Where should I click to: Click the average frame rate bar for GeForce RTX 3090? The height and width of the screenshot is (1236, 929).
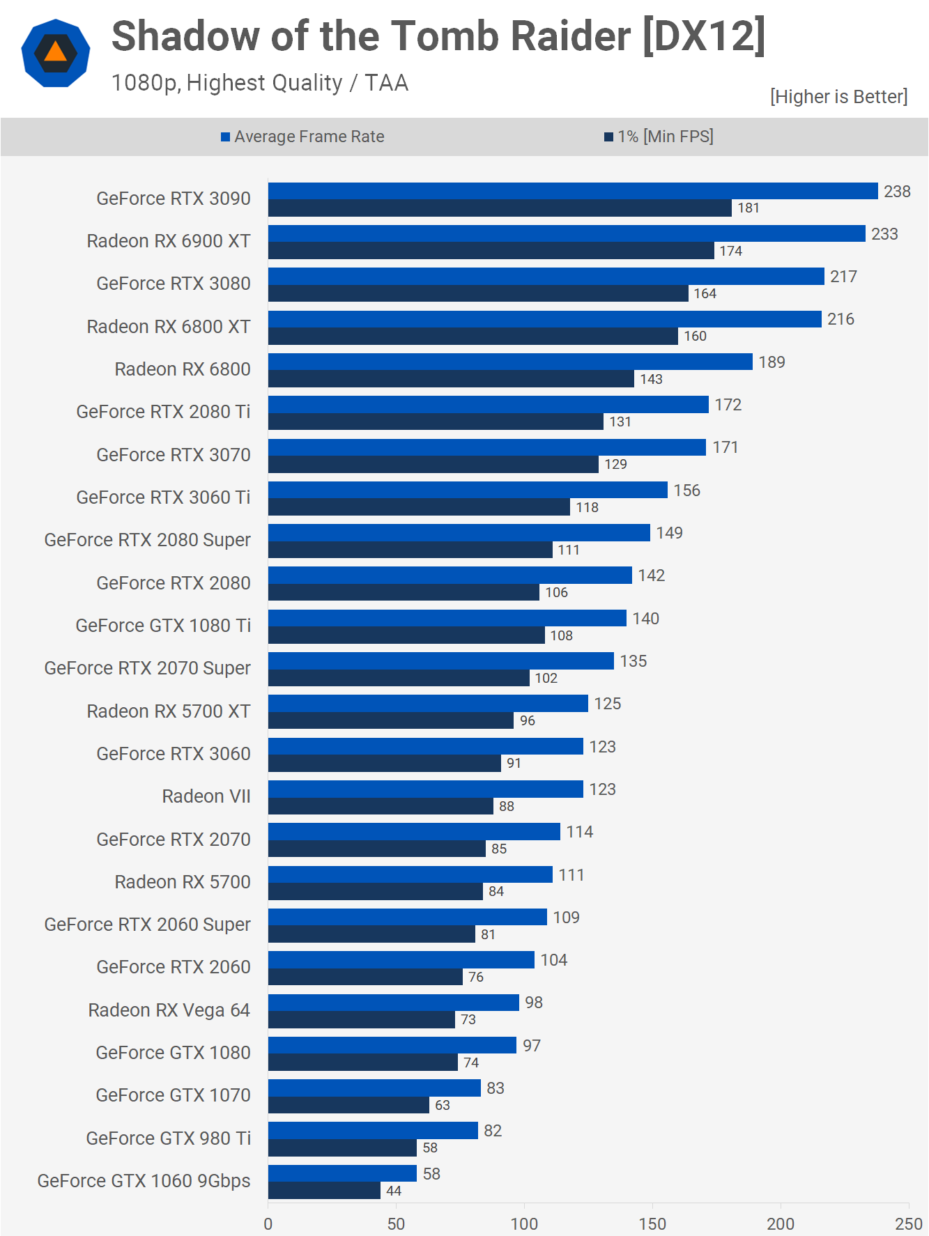click(x=571, y=191)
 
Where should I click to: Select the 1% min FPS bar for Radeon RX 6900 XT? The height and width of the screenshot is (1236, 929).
click(x=491, y=251)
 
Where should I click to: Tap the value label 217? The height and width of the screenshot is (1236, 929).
click(x=843, y=277)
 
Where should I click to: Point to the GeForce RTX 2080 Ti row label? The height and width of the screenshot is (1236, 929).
click(x=163, y=412)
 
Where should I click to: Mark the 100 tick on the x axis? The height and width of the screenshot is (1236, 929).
click(x=524, y=1223)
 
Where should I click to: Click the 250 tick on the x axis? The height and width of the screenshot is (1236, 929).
click(x=908, y=1223)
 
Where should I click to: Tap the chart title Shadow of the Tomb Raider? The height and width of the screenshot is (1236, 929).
click(x=438, y=36)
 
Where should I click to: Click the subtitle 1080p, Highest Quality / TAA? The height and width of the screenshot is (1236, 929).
click(x=259, y=83)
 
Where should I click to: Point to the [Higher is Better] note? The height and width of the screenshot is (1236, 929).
click(x=838, y=97)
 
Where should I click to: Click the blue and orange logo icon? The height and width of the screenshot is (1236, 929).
click(x=56, y=53)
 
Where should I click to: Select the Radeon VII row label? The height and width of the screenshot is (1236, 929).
click(x=206, y=796)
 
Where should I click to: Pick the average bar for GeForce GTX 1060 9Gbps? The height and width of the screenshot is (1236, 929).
click(x=342, y=1173)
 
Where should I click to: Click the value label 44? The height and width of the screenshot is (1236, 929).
click(x=394, y=1191)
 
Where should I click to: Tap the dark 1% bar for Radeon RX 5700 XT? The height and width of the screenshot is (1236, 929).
click(x=390, y=720)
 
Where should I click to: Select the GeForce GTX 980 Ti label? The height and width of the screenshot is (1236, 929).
click(x=168, y=1138)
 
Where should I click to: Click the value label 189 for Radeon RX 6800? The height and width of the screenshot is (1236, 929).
click(x=771, y=362)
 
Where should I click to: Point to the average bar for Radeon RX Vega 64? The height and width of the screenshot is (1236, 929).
click(x=393, y=1002)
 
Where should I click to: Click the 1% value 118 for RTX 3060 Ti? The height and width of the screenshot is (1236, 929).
click(x=587, y=507)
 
